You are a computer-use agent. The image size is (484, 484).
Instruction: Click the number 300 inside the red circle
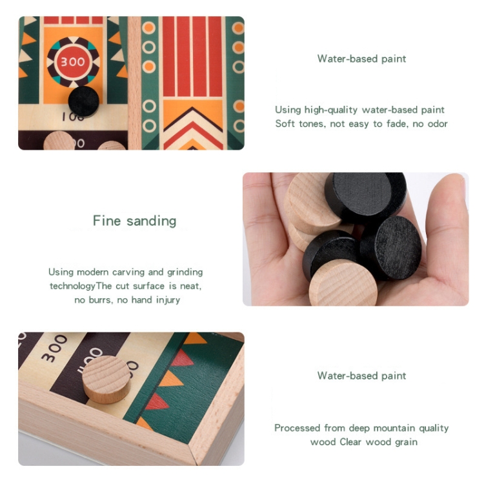click(x=72, y=62)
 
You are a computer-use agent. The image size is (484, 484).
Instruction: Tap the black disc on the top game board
click(x=84, y=101)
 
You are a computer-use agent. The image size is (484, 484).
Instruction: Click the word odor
click(x=438, y=124)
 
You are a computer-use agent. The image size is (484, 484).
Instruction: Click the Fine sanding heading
click(x=135, y=221)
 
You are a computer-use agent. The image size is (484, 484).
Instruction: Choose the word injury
click(x=168, y=300)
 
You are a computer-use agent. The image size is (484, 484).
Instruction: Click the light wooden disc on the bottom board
click(x=106, y=379)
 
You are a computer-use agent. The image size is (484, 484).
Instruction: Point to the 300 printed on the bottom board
click(x=54, y=348)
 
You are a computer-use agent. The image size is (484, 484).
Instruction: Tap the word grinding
click(x=185, y=272)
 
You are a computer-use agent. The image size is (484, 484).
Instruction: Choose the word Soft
click(x=285, y=124)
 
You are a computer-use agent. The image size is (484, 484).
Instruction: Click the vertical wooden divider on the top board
click(x=134, y=83)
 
